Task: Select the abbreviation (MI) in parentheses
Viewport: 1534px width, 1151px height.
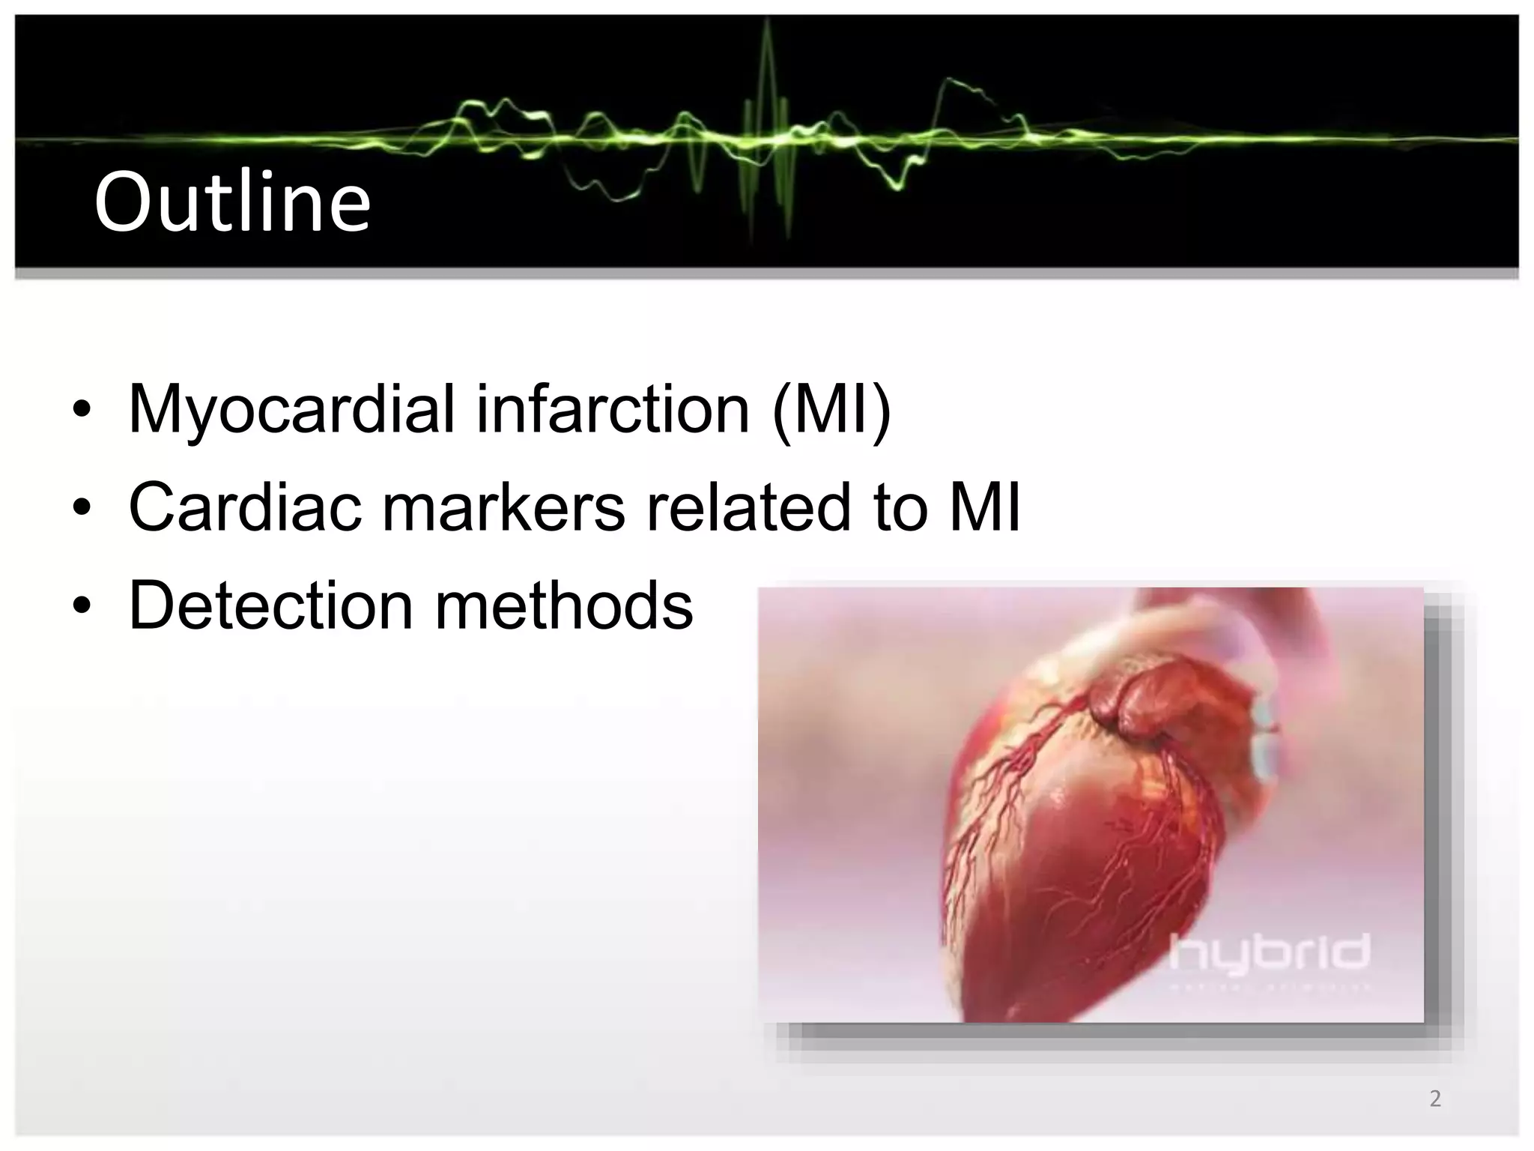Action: pos(831,410)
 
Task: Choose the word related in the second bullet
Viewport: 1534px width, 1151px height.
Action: pos(748,507)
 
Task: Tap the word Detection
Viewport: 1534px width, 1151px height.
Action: pos(270,605)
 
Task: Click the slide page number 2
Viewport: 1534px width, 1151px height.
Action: pos(1434,1099)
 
